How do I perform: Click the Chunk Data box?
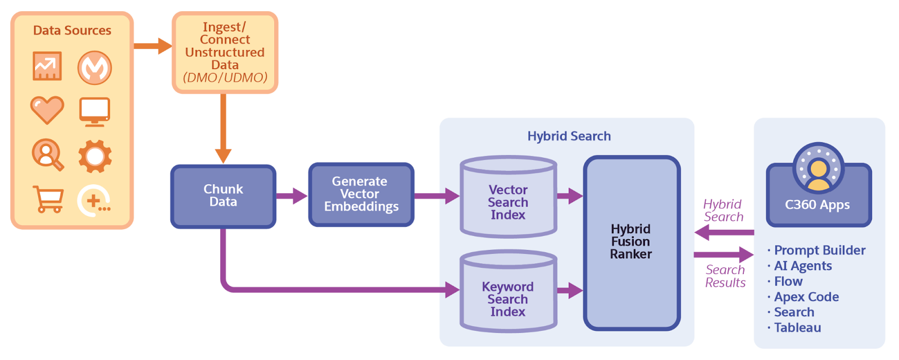point(223,196)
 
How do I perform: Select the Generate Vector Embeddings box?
point(361,194)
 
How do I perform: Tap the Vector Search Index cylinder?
point(508,202)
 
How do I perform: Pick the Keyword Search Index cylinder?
point(508,299)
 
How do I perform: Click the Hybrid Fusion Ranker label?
point(631,241)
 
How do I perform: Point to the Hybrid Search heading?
point(569,136)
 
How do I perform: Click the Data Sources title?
point(72,31)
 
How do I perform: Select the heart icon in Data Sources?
point(47,110)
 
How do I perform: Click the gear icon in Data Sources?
point(94,156)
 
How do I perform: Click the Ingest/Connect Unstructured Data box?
point(225,52)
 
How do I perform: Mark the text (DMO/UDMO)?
point(225,78)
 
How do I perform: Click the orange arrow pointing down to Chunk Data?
point(224,129)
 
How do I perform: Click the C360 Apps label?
point(817,205)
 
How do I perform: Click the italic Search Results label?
point(725,276)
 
